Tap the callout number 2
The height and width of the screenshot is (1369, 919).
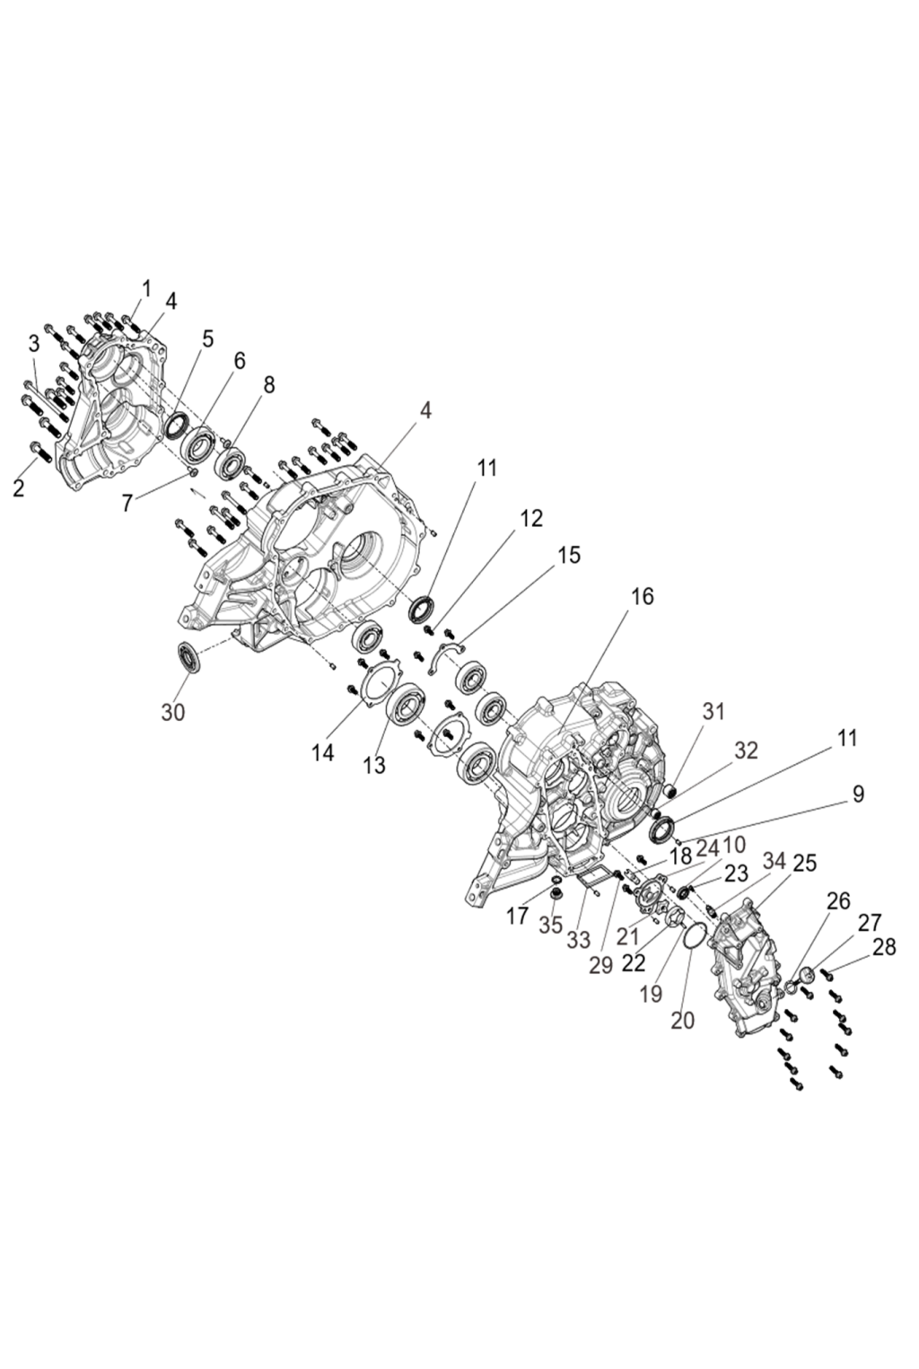pos(20,487)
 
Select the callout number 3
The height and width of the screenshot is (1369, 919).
pos(34,343)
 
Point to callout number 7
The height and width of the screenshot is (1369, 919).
pos(128,503)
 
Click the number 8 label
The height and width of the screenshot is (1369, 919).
pos(268,384)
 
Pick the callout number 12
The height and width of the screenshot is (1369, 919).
pos(531,518)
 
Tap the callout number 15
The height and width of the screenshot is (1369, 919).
pos(568,555)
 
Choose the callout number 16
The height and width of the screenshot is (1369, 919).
pos(643,596)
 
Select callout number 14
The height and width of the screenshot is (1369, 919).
pos(323,752)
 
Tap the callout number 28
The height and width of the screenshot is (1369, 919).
pos(884,947)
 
